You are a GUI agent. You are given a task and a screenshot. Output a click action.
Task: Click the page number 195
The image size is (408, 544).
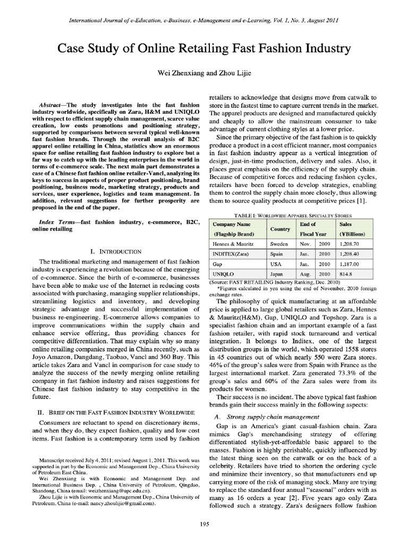[204, 524]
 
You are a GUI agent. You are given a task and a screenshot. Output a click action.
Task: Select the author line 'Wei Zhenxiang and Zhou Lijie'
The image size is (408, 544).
[204, 73]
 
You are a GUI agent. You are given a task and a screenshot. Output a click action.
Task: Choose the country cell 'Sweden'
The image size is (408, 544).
[280, 243]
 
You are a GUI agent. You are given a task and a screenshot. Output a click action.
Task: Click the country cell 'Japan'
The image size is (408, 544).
[279, 274]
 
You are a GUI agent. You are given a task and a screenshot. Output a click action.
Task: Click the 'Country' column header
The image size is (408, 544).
[280, 229]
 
